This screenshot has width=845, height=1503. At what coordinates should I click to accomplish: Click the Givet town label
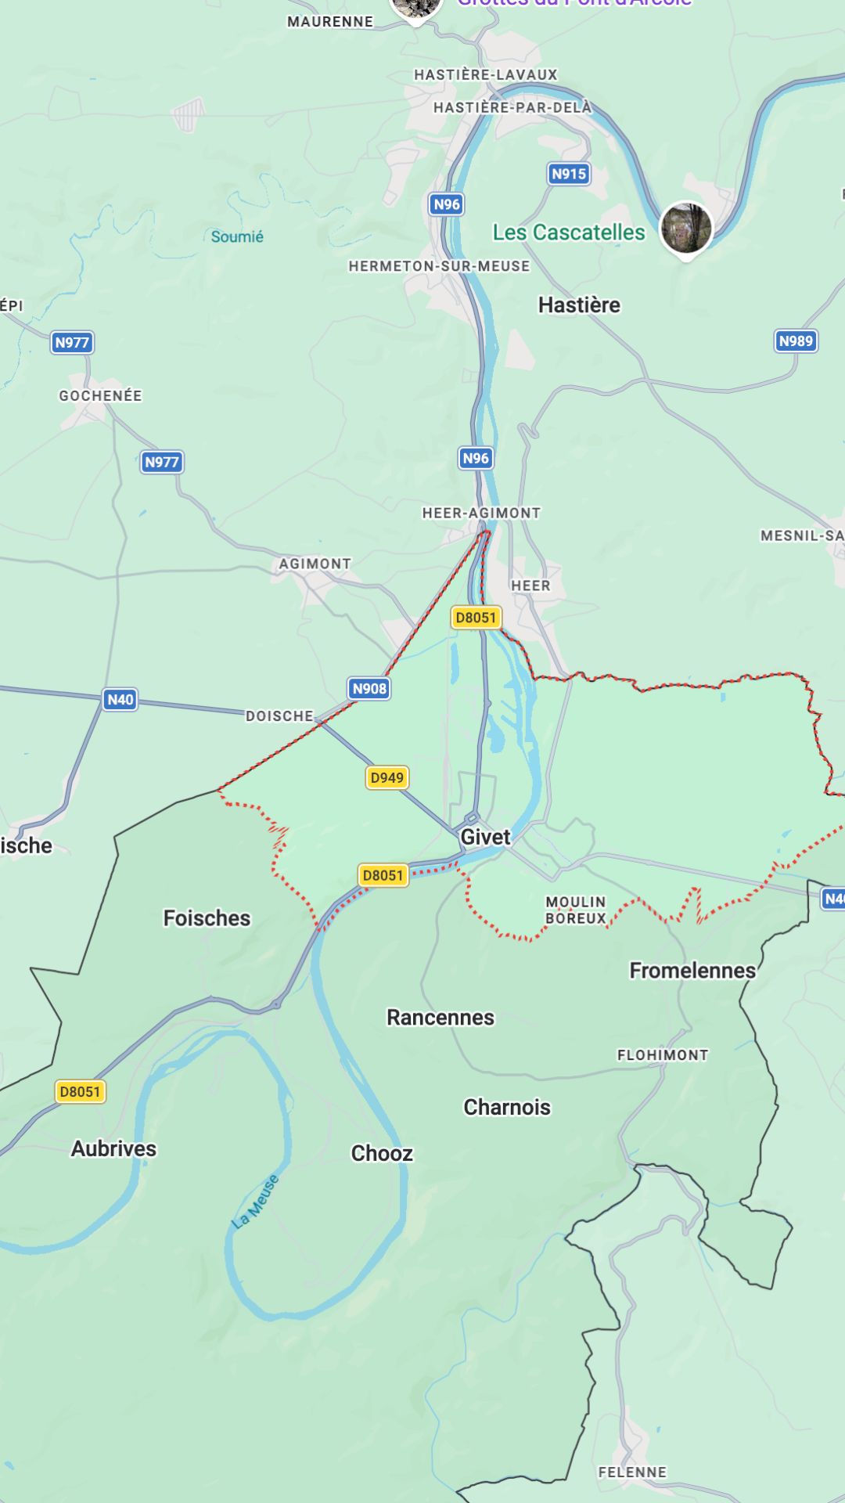click(x=485, y=837)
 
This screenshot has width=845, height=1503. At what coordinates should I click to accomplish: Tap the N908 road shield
click(x=369, y=689)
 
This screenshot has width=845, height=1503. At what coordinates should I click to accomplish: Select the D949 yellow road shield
click(x=387, y=777)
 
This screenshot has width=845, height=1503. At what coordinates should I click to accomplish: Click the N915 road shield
click(x=568, y=174)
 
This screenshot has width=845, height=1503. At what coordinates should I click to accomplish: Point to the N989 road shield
click(x=796, y=341)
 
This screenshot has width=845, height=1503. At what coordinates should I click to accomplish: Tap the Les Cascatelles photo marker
click(x=686, y=228)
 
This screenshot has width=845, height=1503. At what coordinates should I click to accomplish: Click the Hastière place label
click(x=579, y=305)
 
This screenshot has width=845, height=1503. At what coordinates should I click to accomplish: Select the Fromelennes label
click(x=692, y=971)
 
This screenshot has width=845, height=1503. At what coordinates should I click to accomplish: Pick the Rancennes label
click(x=440, y=1018)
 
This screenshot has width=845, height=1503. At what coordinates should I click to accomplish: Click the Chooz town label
click(x=382, y=1154)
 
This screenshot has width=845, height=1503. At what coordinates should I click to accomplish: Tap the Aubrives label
click(x=114, y=1149)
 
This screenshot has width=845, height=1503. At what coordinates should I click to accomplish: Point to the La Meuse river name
click(x=256, y=1202)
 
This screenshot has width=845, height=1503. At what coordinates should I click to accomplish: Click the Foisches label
click(x=207, y=918)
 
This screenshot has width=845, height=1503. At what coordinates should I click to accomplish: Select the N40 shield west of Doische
click(x=120, y=699)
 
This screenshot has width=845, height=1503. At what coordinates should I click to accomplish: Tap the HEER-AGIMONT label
click(x=481, y=513)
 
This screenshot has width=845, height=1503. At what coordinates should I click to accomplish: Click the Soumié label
click(x=237, y=236)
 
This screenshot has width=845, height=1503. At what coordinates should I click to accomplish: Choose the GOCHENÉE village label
click(x=101, y=396)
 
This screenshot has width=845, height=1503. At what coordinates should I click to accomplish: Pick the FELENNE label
click(x=632, y=1472)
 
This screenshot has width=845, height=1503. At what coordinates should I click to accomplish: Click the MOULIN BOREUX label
click(x=576, y=910)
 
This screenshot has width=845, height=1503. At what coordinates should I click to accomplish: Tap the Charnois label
click(x=507, y=1108)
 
